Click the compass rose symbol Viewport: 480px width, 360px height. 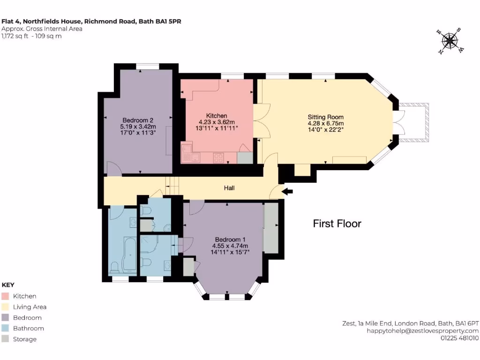[x=450, y=41]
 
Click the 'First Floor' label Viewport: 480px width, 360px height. [x=337, y=224]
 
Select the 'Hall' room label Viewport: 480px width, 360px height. [x=229, y=188]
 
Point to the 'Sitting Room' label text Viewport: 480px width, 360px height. [x=325, y=117]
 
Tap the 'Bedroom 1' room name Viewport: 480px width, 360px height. [x=230, y=239]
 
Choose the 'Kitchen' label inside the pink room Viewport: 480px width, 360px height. [x=217, y=116]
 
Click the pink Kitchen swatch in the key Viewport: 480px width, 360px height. [x=6, y=296]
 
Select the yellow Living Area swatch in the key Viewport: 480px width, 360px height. [x=6, y=307]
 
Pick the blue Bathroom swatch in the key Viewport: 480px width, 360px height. [x=6, y=329]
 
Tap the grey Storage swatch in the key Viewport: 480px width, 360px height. [x=6, y=339]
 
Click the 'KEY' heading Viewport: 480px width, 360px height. [x=8, y=285]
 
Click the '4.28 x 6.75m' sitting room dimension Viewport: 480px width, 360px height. [x=325, y=124]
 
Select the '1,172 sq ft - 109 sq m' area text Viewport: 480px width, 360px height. [x=32, y=36]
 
